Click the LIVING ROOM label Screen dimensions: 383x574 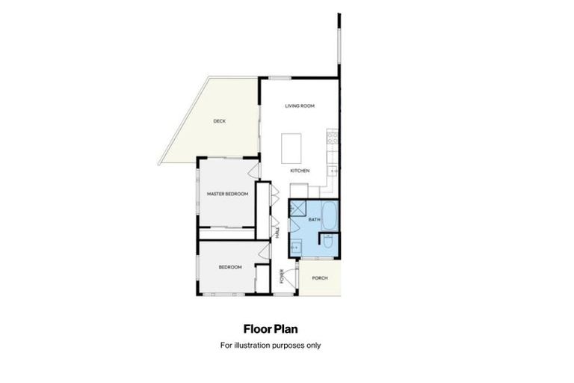300,106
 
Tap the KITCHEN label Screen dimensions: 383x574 300,171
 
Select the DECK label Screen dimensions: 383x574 219,121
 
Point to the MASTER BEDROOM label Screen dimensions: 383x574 227,194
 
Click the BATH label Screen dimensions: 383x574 314,219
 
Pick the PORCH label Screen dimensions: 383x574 320,278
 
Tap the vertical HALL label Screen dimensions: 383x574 277,234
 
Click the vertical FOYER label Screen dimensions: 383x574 282,276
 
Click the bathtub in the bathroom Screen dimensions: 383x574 330,215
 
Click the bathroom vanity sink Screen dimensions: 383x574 295,245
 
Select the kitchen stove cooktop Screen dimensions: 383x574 333,137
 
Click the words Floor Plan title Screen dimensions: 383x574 271,328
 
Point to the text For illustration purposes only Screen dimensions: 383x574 271,345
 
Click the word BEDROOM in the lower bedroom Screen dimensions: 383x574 230,267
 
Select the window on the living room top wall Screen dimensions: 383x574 280,78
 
